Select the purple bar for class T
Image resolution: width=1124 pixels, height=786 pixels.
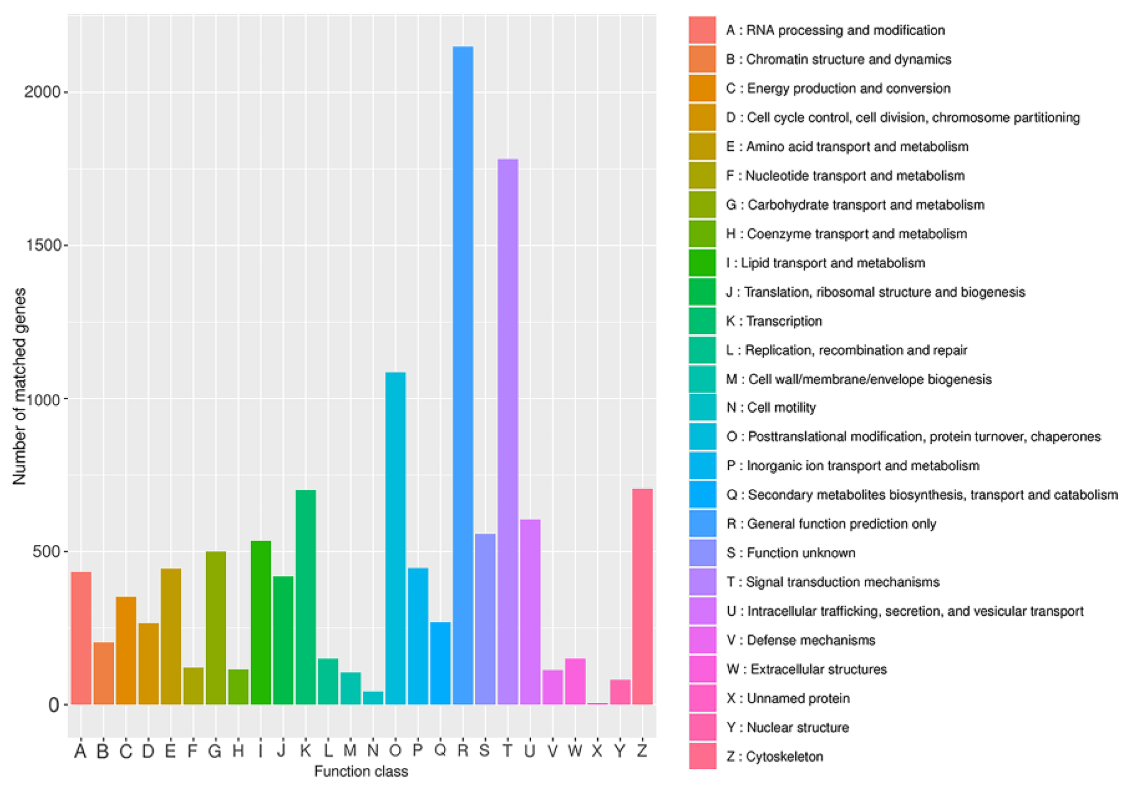[x=508, y=431]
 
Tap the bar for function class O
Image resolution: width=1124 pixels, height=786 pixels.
[x=395, y=538]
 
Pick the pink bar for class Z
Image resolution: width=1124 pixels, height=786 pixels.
[x=642, y=597]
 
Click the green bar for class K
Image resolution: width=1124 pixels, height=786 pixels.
[x=305, y=597]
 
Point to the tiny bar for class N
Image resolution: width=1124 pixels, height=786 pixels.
[x=373, y=698]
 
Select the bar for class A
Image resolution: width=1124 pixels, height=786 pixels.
[x=81, y=638]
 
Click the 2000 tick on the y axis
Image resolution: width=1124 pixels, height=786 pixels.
[x=43, y=92]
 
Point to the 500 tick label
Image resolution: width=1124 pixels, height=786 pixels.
[x=46, y=551]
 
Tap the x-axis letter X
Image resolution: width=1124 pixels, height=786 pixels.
[x=597, y=750]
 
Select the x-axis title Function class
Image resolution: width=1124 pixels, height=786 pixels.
[x=361, y=771]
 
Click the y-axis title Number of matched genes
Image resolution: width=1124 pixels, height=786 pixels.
[x=19, y=387]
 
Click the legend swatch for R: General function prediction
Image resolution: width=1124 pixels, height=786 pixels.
[x=702, y=524]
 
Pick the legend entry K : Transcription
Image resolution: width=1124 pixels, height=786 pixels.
[x=774, y=321]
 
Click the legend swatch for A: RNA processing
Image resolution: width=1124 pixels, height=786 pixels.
[x=702, y=30]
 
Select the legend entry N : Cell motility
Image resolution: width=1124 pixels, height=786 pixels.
[x=771, y=407]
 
